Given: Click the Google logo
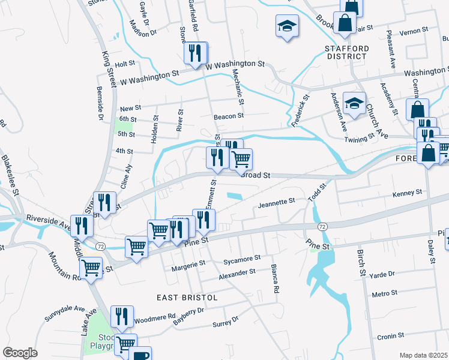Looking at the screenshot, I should pyautogui.click(x=20, y=353).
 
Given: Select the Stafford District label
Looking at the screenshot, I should pyautogui.click(x=345, y=52).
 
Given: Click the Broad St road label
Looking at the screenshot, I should pyautogui.click(x=256, y=176).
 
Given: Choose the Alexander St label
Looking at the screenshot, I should pyautogui.click(x=237, y=272).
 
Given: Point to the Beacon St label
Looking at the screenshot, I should pyautogui.click(x=229, y=116).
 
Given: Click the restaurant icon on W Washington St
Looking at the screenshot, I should pyautogui.click(x=195, y=53).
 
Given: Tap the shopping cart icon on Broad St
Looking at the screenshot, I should pyautogui.click(x=241, y=159).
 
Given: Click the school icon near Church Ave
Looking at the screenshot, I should pyautogui.click(x=354, y=103).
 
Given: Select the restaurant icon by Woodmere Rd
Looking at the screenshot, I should pyautogui.click(x=122, y=316).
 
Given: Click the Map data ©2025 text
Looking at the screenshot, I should pyautogui.click(x=423, y=355).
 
